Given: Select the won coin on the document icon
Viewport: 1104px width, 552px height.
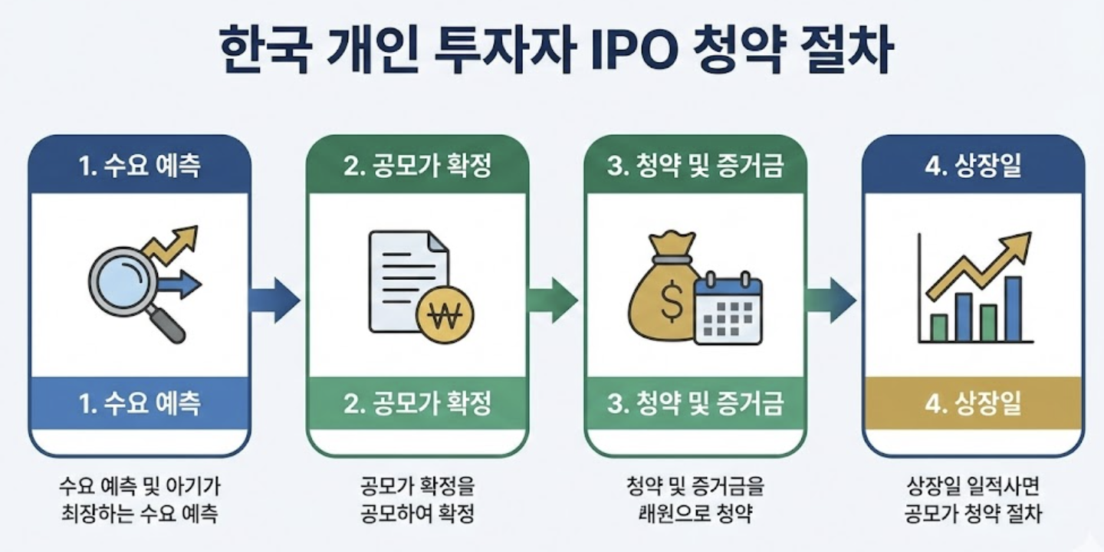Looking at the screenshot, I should tap(445, 314).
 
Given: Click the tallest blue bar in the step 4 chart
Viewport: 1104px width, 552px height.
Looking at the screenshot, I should tap(1013, 308).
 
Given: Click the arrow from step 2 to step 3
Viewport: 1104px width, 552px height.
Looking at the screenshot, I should tap(553, 300).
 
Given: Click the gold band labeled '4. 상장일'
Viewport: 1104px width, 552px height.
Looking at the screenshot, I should tap(973, 403).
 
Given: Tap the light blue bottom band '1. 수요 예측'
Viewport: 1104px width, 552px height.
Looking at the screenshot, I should tap(140, 403).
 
